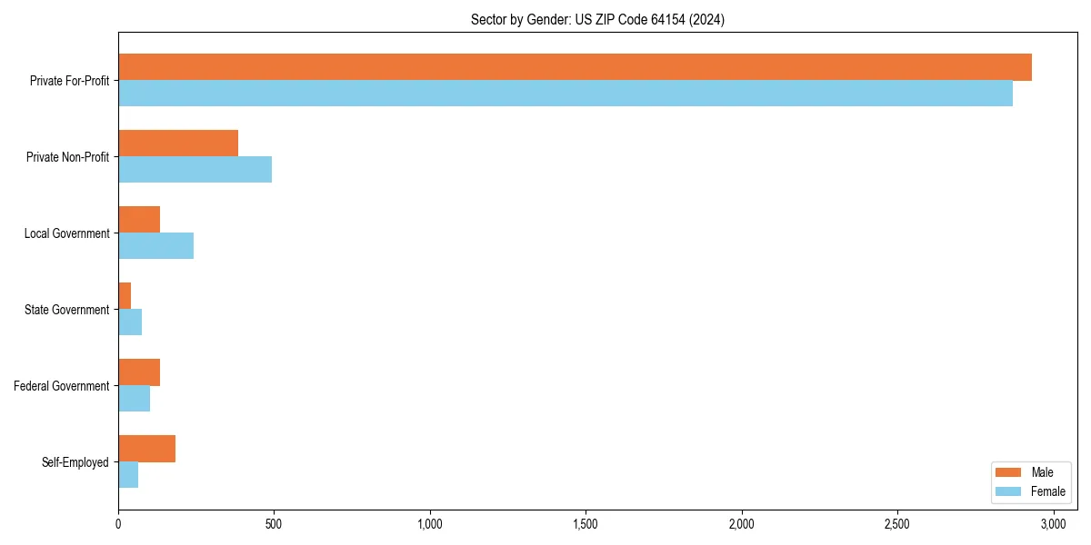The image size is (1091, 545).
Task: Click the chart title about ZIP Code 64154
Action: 597,19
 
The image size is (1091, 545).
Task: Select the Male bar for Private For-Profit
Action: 575,67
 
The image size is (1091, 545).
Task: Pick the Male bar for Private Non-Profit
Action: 178,144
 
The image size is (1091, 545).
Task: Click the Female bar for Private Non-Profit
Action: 195,170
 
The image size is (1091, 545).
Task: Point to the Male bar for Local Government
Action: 139,220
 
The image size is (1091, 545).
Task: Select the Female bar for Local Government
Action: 155,246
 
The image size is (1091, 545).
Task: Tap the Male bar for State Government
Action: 125,296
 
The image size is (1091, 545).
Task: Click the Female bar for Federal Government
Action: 134,399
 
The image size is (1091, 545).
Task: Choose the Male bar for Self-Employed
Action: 146,449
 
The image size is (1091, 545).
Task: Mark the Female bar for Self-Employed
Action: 128,475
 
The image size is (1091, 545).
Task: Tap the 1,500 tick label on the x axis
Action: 586,524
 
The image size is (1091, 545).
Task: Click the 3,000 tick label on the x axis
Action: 1053,524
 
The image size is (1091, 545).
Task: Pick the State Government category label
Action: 66,310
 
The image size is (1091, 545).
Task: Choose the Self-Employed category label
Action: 75,462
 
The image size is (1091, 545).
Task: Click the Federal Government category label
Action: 62,386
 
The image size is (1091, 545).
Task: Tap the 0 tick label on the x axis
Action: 118,524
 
